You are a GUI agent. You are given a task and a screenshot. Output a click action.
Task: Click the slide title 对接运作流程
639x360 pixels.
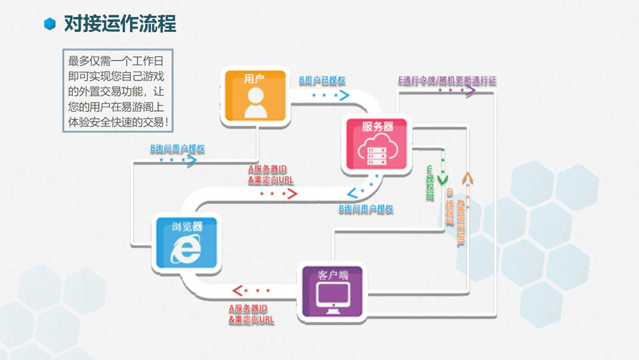coord(119,24)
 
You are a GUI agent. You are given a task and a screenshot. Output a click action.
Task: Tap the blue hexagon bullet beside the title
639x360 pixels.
coord(50,24)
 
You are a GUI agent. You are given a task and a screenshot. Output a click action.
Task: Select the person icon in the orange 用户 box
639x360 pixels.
coord(256,102)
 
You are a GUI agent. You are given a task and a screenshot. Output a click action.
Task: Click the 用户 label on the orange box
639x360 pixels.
coord(254,79)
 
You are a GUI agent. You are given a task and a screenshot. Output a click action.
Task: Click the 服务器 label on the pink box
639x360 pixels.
coord(377,127)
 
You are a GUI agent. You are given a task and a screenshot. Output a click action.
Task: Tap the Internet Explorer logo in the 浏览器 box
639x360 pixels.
coord(185,250)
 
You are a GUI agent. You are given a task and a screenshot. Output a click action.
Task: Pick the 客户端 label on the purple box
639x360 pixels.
coord(333,275)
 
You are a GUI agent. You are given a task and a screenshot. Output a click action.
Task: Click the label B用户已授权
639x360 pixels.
coord(323,81)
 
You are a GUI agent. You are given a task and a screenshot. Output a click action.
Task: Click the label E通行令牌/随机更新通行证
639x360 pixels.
coord(447,81)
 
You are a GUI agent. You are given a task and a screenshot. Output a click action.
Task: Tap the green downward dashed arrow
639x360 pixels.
coord(442,168)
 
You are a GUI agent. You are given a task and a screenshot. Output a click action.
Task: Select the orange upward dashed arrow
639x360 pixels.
coord(467,185)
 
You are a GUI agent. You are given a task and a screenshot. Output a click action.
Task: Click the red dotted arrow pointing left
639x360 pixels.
coord(245,292)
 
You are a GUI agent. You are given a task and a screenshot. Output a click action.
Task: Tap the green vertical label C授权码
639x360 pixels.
coord(430,185)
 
